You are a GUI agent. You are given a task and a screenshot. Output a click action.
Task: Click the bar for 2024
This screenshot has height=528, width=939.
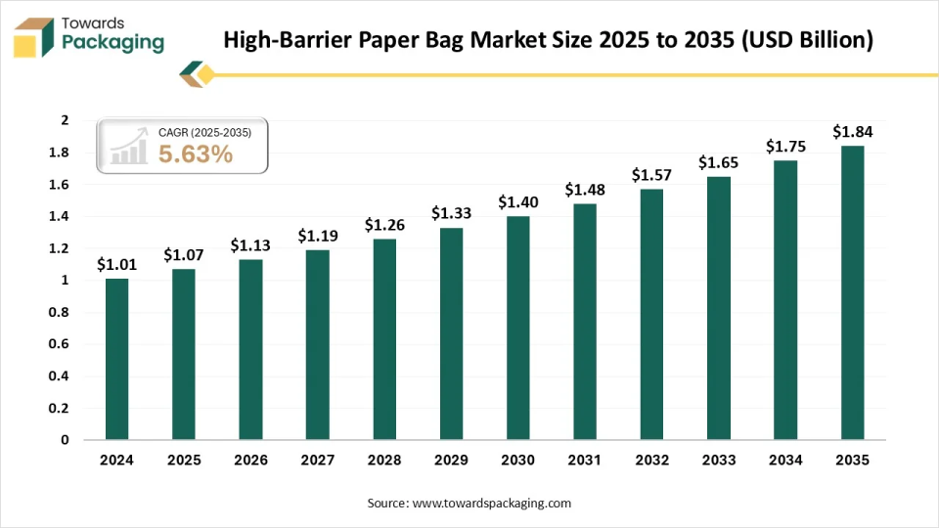pyautogui.click(x=116, y=359)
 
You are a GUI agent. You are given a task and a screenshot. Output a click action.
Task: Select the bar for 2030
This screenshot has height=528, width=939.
pyautogui.click(x=517, y=328)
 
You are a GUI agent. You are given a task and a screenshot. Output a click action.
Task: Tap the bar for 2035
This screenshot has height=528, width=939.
pyautogui.click(x=852, y=292)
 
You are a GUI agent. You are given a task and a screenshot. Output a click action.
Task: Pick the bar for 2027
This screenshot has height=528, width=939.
pyautogui.click(x=317, y=344)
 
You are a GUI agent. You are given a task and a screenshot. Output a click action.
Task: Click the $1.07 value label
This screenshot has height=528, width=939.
pyautogui.click(x=183, y=255)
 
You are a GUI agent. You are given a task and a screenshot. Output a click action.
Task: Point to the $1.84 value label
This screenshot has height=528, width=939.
pyautogui.click(x=852, y=131)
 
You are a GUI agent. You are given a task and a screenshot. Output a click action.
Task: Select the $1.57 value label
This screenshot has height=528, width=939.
pyautogui.click(x=651, y=175)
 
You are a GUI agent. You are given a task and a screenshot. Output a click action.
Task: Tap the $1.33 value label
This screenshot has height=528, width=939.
pyautogui.click(x=451, y=214)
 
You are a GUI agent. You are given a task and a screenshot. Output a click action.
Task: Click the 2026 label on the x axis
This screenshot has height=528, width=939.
pyautogui.click(x=250, y=460)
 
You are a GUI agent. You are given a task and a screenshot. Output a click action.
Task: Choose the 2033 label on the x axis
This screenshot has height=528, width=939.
pyautogui.click(x=718, y=460)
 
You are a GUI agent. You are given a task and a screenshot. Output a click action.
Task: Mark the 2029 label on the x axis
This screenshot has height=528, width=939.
pyautogui.click(x=451, y=460)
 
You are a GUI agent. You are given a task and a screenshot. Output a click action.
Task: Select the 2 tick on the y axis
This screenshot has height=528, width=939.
pyautogui.click(x=65, y=120)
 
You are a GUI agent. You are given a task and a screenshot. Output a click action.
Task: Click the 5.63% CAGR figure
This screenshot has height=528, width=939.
pyautogui.click(x=196, y=154)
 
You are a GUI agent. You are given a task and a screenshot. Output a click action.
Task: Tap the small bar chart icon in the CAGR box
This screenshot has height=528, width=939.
pyautogui.click(x=128, y=149)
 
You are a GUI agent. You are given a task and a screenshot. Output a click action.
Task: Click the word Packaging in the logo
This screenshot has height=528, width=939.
pyautogui.click(x=112, y=43)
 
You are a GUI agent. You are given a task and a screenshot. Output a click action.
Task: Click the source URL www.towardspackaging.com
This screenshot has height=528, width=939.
pyautogui.click(x=491, y=503)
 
